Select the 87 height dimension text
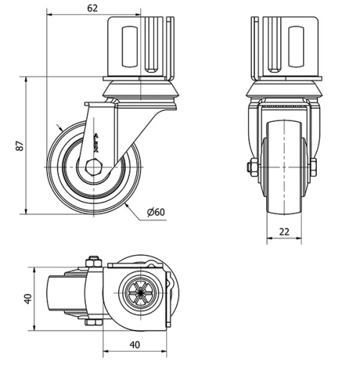point(21,145)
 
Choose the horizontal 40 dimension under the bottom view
point(135,344)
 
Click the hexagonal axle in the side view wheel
point(94,166)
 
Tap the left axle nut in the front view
point(251,167)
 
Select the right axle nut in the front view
point(313,167)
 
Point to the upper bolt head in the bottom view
point(92,261)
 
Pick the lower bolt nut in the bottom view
point(92,322)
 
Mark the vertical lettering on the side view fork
point(97,140)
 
